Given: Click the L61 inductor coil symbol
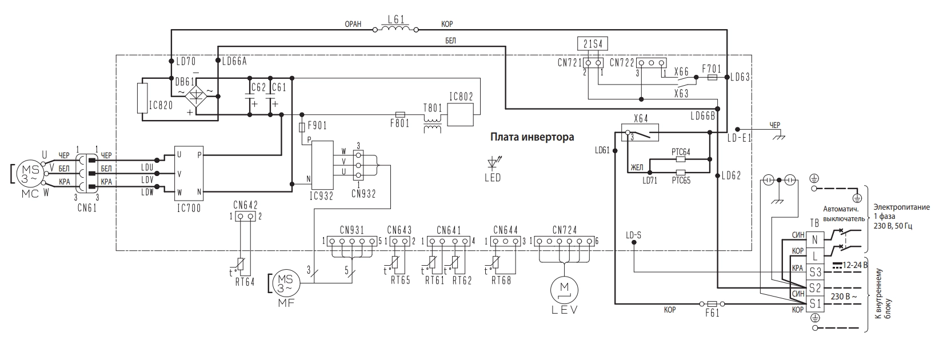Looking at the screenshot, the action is [x=395, y=29].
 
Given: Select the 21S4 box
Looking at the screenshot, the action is [x=593, y=43].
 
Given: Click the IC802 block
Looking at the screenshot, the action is [x=460, y=114].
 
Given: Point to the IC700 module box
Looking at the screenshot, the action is [x=189, y=174].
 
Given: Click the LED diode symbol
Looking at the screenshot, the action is [x=493, y=162].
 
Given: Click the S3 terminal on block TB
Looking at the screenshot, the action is [x=816, y=272].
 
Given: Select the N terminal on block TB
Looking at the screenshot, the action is [x=816, y=240].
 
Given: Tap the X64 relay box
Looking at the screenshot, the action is [x=640, y=133].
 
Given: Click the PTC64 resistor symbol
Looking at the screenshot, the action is [x=681, y=159].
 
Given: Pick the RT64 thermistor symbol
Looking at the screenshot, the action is [x=240, y=263].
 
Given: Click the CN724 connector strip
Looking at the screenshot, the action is [x=564, y=241].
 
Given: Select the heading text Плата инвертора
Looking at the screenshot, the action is [x=532, y=137].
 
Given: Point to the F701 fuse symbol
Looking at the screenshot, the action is [x=712, y=78].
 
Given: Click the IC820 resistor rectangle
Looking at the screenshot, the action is [x=142, y=98].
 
